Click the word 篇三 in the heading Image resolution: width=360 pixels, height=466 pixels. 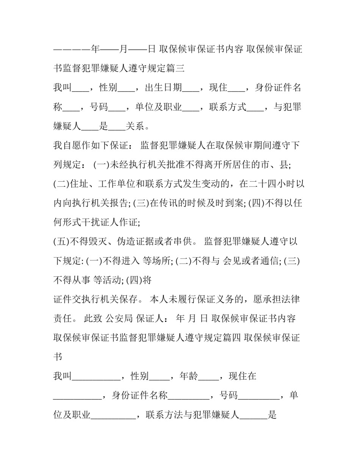point(176,68)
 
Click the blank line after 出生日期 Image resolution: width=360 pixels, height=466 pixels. point(191,90)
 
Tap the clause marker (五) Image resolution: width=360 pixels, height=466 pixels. point(62,242)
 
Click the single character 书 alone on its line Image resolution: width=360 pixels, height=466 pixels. point(58,357)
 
